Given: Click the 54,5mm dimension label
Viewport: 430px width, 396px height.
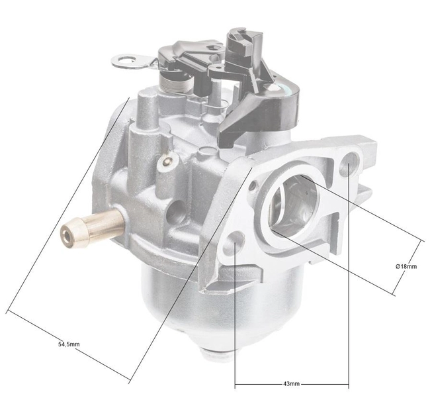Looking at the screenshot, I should pyautogui.click(x=69, y=345).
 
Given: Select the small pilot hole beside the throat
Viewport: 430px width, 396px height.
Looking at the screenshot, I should pyautogui.click(x=252, y=187).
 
